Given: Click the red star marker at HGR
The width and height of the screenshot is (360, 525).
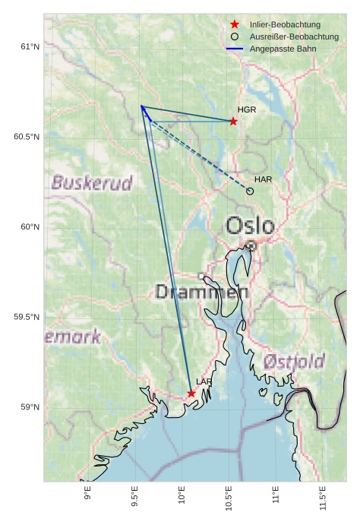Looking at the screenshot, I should [233, 121].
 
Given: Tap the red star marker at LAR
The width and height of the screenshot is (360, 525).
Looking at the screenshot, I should [191, 393].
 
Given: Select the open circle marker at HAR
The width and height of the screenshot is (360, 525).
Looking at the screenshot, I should [250, 191].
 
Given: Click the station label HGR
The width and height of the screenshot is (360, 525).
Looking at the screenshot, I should [247, 110].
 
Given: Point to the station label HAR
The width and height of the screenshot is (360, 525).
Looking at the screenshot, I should [264, 179].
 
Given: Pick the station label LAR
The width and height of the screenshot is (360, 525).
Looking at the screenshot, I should [204, 381].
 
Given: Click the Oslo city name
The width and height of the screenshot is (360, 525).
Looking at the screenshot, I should [250, 226].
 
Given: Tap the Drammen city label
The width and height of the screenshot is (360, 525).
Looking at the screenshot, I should [202, 292].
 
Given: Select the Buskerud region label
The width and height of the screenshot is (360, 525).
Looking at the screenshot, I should [92, 183].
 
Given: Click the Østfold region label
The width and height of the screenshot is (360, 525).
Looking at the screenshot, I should [294, 361].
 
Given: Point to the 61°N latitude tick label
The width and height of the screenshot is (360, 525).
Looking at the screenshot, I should [29, 47].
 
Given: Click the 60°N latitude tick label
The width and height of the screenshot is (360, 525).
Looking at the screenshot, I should [29, 227].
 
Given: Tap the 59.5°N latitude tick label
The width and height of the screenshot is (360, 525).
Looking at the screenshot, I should [27, 317].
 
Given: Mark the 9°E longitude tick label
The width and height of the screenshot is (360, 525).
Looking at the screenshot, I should [88, 494].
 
